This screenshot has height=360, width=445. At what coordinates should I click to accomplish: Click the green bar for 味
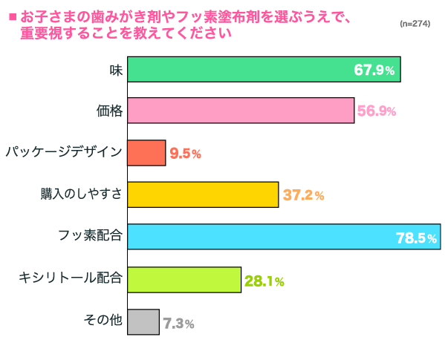pos(264,70)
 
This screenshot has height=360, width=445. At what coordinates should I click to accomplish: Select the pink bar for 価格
pos(240,111)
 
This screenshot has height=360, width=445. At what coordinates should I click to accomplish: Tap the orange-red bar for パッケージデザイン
pos(146,153)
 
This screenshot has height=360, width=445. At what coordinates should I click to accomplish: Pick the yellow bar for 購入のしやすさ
pos(203,195)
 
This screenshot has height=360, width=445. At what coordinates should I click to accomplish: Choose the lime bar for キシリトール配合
pos(184,280)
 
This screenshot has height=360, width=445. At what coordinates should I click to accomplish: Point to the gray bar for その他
pos(143,322)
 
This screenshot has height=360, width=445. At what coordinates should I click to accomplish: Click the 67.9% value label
pos(377,71)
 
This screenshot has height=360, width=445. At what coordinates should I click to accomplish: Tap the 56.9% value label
pos(377,112)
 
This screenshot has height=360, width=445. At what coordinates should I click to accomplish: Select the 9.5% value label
pos(186,154)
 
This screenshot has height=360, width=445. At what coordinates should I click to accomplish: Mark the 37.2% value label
pos(303,196)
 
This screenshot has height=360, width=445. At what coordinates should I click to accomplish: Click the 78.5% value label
pos(416,238)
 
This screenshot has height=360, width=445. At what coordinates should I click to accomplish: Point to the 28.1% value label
pos(264,281)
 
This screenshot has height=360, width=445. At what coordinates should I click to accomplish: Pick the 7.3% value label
pos(178,324)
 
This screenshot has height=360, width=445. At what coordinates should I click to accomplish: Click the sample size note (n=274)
pos(415,24)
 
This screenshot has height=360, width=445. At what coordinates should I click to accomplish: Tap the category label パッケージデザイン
pos(64,153)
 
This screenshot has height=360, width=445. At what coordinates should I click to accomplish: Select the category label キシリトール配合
pos(71,279)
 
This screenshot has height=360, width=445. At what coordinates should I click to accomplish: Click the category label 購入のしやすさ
pos(81,195)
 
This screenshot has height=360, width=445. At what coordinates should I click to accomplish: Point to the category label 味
pos(116,69)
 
